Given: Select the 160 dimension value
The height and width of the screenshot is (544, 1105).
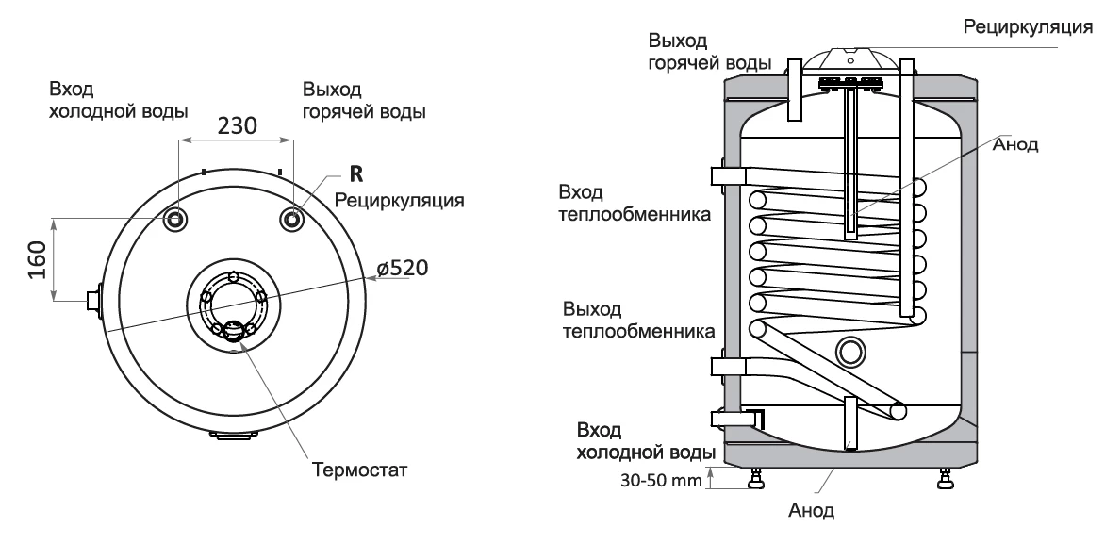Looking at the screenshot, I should tap(35, 258).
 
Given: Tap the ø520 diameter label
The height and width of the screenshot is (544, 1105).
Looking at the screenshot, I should tap(403, 267).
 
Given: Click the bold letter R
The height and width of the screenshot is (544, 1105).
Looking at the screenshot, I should tap(355, 173).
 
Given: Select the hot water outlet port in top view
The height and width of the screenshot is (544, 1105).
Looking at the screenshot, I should tap(292, 220).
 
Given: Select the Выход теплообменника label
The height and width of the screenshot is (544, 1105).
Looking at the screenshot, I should tap(638, 320).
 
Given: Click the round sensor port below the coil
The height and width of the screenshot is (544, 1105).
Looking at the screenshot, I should tap(850, 351).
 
